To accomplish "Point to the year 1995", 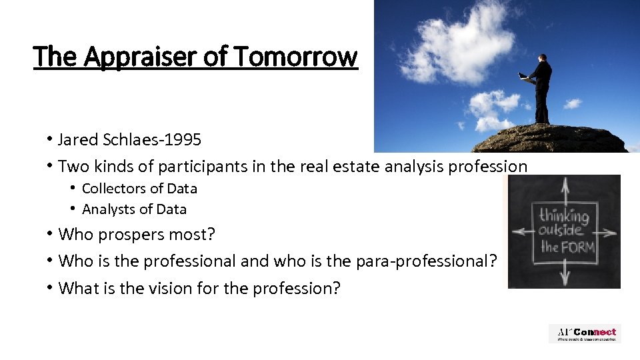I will point(183,140).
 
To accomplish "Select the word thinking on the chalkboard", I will point(564,216).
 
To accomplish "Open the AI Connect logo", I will point(585,333).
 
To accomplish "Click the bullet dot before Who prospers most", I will point(50,235).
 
